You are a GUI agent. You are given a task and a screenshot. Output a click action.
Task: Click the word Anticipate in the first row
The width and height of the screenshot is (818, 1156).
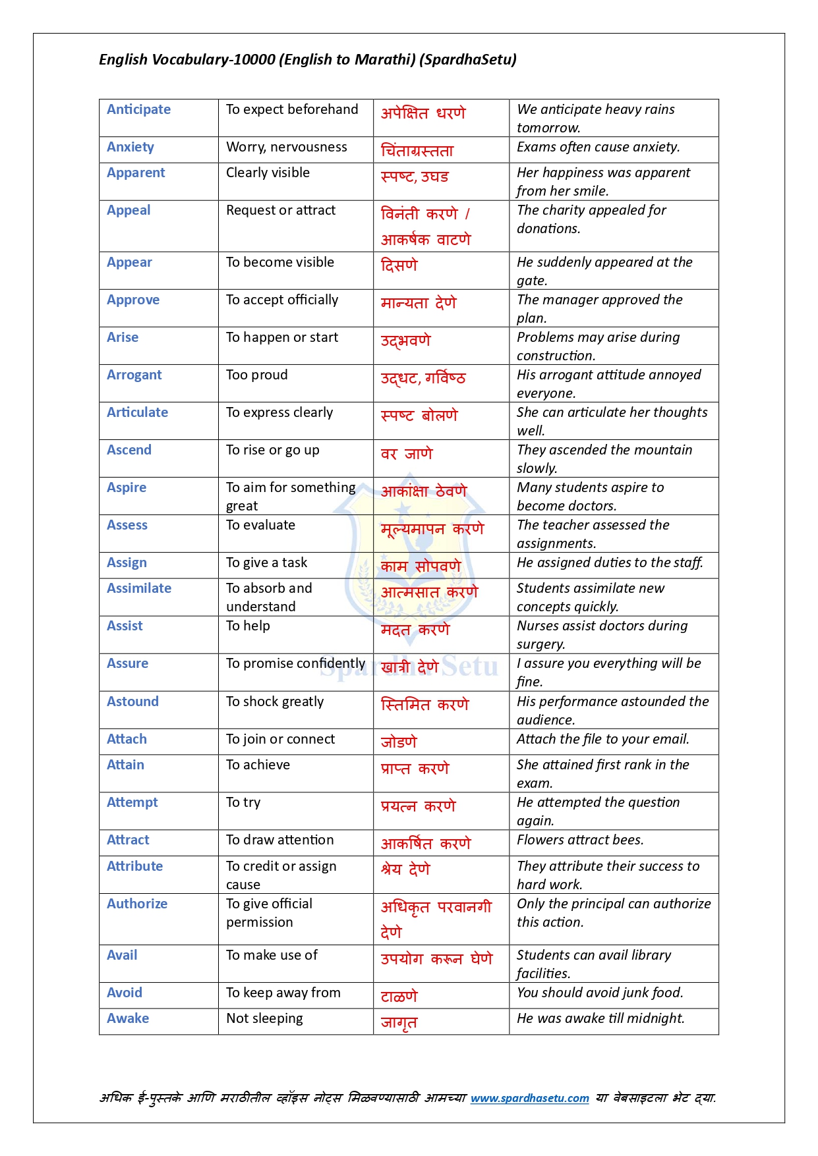[x=138, y=109]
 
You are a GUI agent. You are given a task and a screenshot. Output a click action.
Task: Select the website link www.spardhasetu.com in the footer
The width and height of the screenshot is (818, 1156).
[x=529, y=1098]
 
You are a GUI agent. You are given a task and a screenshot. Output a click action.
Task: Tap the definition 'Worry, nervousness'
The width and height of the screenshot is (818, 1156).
[x=286, y=147]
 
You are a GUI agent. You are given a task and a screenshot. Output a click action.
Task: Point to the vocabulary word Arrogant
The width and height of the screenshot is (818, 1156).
[x=134, y=375]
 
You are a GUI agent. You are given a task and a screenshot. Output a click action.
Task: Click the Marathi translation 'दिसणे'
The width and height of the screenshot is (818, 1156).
[x=399, y=265]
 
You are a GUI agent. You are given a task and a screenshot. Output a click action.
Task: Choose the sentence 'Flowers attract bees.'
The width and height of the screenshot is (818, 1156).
[x=580, y=840]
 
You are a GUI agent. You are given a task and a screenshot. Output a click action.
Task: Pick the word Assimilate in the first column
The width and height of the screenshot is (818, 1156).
[x=139, y=588]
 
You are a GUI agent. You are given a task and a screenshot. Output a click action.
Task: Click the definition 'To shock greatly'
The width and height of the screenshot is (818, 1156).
[x=275, y=702]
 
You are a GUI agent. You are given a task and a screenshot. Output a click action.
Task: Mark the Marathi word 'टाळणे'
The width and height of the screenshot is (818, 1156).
[x=399, y=996]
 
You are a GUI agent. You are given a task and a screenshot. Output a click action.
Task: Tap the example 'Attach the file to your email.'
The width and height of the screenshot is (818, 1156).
[x=602, y=739]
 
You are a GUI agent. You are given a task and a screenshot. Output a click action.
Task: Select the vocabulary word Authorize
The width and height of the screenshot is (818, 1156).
[x=137, y=904]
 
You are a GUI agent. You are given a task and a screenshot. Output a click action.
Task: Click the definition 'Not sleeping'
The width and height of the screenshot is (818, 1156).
[x=264, y=1018]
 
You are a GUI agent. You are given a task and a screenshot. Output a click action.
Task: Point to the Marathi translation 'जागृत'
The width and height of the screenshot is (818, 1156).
[x=399, y=1022]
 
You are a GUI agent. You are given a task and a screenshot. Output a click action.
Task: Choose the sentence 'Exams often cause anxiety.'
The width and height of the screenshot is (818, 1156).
[x=598, y=147]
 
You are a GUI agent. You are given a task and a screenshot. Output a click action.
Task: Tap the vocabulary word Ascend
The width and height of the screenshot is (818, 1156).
[x=129, y=450]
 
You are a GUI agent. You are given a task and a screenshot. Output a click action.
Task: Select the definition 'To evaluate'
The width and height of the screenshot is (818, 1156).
[x=260, y=525]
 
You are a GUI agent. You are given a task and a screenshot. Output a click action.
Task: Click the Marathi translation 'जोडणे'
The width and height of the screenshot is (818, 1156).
[x=399, y=742]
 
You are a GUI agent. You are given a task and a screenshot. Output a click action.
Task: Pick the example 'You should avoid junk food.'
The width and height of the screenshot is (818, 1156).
[x=600, y=993]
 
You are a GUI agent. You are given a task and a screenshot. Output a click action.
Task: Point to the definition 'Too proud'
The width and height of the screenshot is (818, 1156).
[x=256, y=375]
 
